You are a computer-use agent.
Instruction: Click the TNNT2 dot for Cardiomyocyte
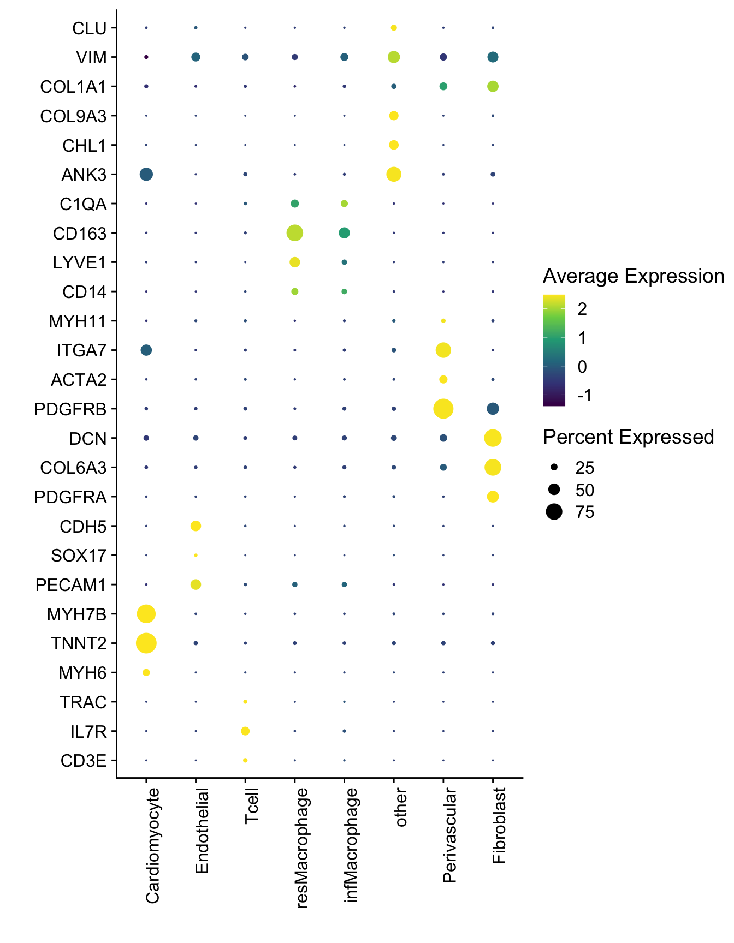pyautogui.click(x=146, y=643)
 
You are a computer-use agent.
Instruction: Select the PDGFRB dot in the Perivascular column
pyautogui.click(x=443, y=408)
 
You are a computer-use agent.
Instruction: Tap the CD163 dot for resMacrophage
pyautogui.click(x=294, y=233)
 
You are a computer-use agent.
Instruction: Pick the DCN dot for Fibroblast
pyautogui.click(x=493, y=438)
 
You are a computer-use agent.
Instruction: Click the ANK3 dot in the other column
pyautogui.click(x=394, y=174)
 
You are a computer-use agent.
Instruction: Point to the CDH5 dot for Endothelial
pyautogui.click(x=196, y=526)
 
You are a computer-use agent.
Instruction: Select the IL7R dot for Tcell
pyautogui.click(x=245, y=731)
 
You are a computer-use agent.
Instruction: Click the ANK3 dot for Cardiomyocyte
pyautogui.click(x=146, y=174)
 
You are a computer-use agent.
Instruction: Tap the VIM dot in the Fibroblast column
pyautogui.click(x=493, y=57)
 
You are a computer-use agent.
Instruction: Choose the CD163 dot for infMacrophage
pyautogui.click(x=344, y=233)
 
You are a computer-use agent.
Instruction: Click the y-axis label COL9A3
pyautogui.click(x=73, y=116)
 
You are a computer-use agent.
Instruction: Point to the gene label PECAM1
pyautogui.click(x=70, y=585)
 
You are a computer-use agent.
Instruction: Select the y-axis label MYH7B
pyautogui.click(x=76, y=614)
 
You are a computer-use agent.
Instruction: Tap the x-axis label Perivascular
pyautogui.click(x=449, y=835)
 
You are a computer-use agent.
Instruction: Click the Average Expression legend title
pyautogui.click(x=633, y=276)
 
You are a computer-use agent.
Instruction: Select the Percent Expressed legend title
pyautogui.click(x=628, y=437)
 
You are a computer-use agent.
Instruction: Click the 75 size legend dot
pyautogui.click(x=554, y=512)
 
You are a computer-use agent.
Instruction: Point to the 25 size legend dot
pyautogui.click(x=554, y=467)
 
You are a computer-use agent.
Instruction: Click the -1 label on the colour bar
pyautogui.click(x=584, y=395)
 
